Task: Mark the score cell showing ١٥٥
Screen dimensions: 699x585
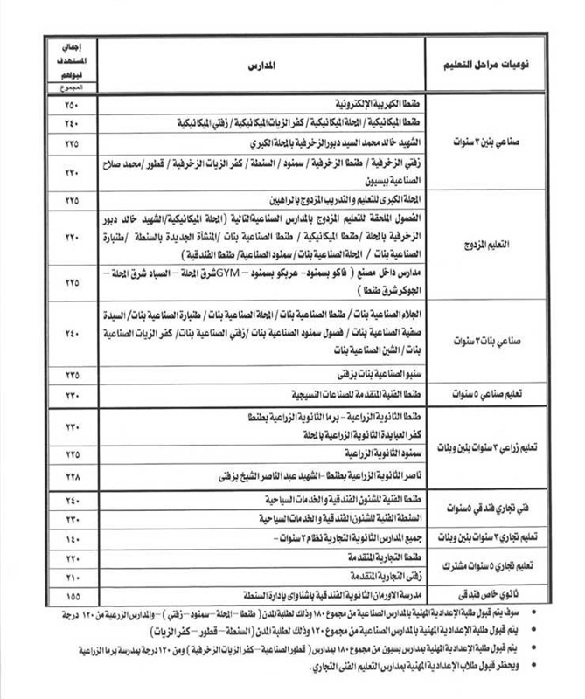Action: click(x=71, y=596)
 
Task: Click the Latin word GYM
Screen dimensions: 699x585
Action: click(x=250, y=273)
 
